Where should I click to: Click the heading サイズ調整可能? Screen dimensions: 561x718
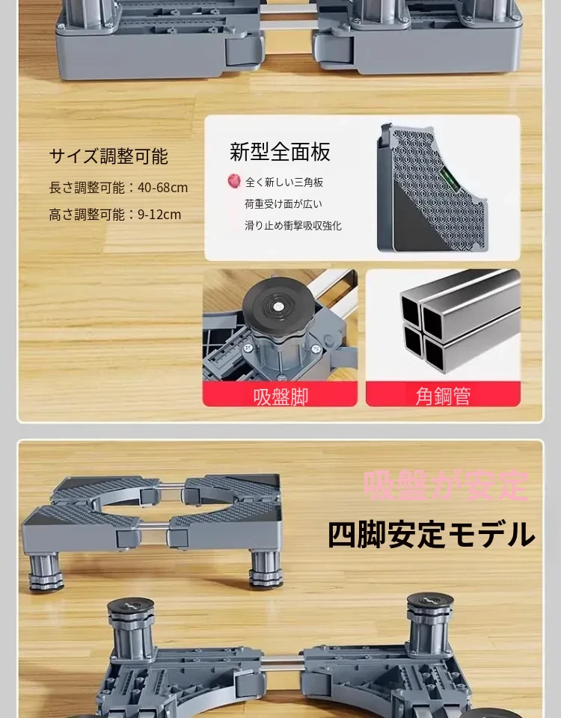(108, 156)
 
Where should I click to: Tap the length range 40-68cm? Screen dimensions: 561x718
(162, 187)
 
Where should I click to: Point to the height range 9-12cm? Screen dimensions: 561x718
(159, 215)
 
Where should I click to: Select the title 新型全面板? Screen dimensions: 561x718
(280, 152)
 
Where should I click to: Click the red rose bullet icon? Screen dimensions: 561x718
(234, 181)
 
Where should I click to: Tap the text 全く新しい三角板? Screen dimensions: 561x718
(284, 182)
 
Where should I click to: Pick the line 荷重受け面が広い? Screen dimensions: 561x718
(283, 203)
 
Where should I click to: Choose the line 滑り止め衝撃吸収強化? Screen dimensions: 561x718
(293, 225)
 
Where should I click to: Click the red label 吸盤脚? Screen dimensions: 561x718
(280, 395)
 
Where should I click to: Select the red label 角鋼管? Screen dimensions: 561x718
(443, 395)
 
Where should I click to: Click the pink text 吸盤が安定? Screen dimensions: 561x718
(446, 485)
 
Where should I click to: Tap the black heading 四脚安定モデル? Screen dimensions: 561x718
(431, 534)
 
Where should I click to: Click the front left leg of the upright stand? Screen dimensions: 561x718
(46, 571)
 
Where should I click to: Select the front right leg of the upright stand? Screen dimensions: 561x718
(265, 569)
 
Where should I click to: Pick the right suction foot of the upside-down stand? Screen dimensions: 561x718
(430, 622)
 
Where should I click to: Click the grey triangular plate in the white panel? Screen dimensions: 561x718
(432, 188)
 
